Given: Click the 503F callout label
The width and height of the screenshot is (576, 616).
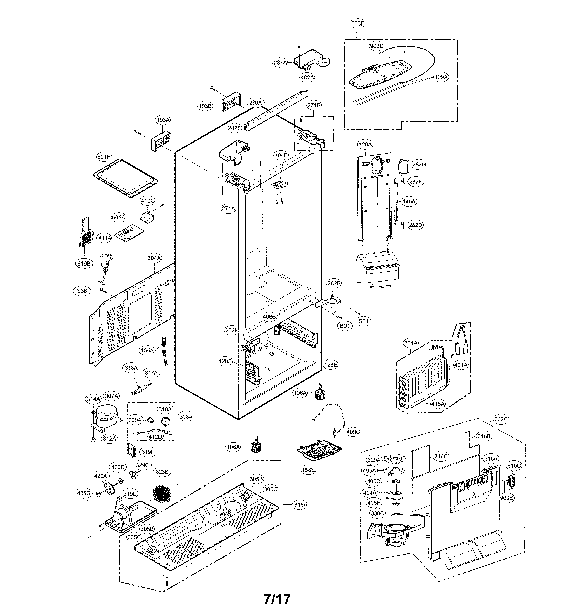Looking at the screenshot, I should (x=357, y=23).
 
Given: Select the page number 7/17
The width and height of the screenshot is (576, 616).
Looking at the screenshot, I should (x=277, y=599).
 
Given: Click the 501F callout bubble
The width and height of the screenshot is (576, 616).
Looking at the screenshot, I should (x=104, y=157).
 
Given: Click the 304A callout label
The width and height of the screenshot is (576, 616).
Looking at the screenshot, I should (x=154, y=258).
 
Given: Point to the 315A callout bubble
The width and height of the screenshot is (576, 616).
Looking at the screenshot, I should (x=300, y=505).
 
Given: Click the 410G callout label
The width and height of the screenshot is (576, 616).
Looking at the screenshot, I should (x=148, y=201).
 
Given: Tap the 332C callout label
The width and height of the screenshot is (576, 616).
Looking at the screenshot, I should (x=501, y=419).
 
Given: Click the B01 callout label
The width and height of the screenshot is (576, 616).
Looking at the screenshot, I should (x=345, y=326).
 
